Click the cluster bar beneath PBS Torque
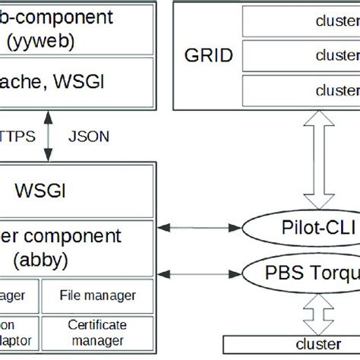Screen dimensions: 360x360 292,343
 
